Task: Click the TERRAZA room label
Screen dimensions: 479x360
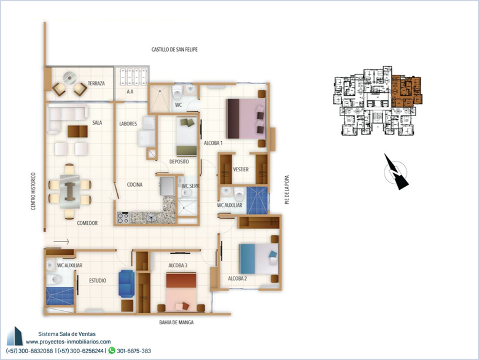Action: click(96, 84)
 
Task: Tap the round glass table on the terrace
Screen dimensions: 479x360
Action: click(70, 77)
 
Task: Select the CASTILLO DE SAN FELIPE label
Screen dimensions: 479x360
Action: click(174, 50)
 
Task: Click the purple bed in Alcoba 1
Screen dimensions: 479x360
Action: click(246, 119)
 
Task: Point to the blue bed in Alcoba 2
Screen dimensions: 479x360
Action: click(259, 258)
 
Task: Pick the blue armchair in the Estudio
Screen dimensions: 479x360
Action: click(127, 283)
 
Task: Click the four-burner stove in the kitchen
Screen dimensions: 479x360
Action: click(123, 218)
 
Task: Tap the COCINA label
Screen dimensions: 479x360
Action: click(134, 184)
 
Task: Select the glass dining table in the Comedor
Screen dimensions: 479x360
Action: click(70, 192)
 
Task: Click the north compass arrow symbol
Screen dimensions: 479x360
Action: click(395, 172)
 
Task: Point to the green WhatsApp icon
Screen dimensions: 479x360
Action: click(112, 350)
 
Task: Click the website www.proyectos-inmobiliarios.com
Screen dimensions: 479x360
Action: click(68, 342)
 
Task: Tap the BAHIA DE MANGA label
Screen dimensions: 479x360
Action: click(176, 323)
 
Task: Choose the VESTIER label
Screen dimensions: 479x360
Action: click(241, 170)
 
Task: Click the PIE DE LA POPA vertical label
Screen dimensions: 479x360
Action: click(287, 189)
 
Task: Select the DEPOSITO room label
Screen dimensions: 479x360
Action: click(179, 162)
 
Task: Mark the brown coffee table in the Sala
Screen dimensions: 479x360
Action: click(77, 131)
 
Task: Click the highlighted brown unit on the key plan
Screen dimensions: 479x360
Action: click(407, 91)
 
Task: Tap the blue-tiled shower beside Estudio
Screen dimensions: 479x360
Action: click(60, 296)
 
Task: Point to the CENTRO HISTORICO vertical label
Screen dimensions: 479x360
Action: click(33, 191)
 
